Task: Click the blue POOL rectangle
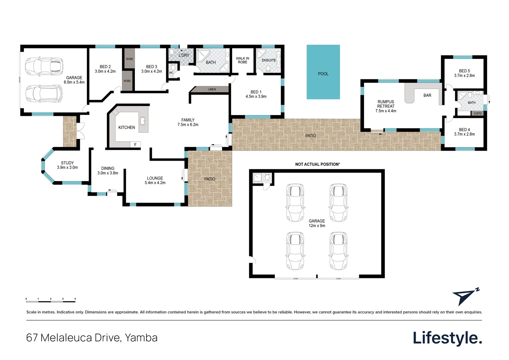[x=323, y=72]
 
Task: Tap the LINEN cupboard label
[x=212, y=89]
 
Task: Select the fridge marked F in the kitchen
[x=135, y=144]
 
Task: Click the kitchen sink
[x=143, y=121]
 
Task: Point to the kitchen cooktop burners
[x=116, y=112]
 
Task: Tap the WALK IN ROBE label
[x=243, y=60]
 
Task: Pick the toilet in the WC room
[x=173, y=67]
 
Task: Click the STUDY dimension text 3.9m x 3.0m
[x=67, y=167]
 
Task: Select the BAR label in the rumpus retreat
[x=427, y=95]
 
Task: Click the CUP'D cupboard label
[x=477, y=113]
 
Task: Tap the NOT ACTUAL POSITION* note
[x=317, y=164]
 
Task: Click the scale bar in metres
[x=51, y=302]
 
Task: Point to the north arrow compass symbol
[x=465, y=297]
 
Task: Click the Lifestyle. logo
[x=447, y=338]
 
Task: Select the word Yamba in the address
[x=141, y=338]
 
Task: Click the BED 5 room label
[x=464, y=71]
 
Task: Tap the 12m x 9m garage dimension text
[x=317, y=226]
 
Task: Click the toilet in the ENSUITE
[x=268, y=68]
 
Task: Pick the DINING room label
[x=108, y=168]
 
